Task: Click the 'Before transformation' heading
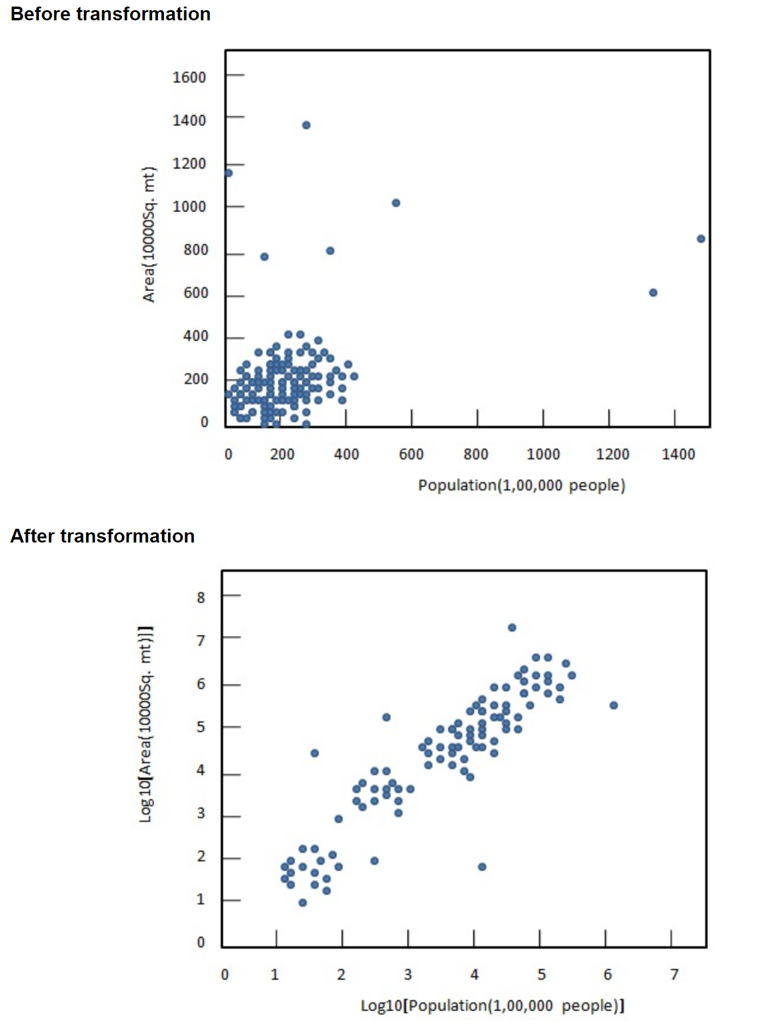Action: tap(111, 14)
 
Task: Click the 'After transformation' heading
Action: tap(102, 536)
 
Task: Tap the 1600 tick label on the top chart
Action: tap(189, 77)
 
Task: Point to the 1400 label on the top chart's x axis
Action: tap(678, 455)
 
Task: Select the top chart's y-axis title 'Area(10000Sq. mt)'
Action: tap(148, 234)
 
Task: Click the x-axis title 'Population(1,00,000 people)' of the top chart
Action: tap(522, 485)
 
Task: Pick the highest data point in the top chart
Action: tap(306, 125)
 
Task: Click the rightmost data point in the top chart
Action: tap(701, 239)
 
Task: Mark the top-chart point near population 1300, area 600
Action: tap(653, 292)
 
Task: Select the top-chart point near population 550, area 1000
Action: tap(396, 203)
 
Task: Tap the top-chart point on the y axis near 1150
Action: tap(228, 173)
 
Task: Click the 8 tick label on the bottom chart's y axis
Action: tap(201, 597)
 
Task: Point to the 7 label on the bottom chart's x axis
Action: tap(675, 975)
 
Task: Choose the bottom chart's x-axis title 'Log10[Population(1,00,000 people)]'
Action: tap(492, 1005)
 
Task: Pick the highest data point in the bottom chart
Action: tap(512, 627)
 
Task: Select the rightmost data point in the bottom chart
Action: tap(614, 705)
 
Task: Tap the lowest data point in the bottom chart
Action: tap(303, 903)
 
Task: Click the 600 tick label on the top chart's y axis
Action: tap(196, 293)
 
